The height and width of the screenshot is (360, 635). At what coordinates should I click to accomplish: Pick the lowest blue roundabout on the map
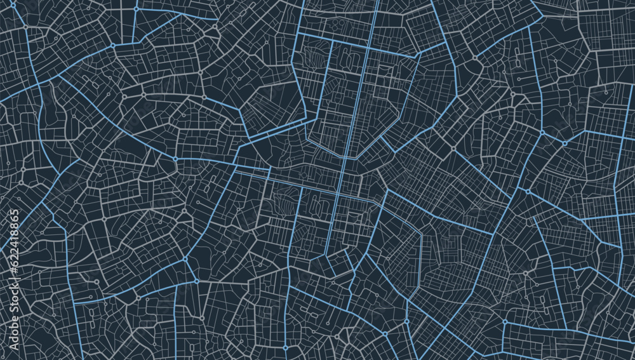click(x=285, y=348)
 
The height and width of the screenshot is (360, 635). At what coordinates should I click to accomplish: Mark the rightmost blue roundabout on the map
click(x=528, y=191)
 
